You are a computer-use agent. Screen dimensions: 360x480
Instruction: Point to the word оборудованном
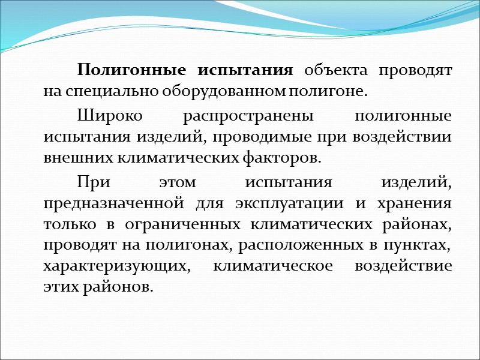coord(220,92)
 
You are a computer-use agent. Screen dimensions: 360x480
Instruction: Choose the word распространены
coord(233,115)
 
